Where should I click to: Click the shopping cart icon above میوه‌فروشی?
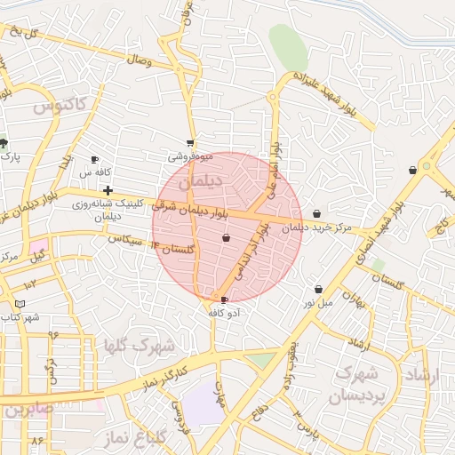(x=189, y=142)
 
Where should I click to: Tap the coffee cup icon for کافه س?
(x=94, y=160)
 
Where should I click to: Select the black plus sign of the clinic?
(x=108, y=190)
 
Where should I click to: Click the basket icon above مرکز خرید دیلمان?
(x=317, y=213)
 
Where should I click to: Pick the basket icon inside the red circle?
(x=226, y=237)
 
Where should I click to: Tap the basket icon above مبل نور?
(x=318, y=289)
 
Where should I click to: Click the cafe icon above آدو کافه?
(x=224, y=300)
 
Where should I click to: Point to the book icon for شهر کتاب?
(x=19, y=304)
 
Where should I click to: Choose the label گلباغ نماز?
(x=154, y=436)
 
